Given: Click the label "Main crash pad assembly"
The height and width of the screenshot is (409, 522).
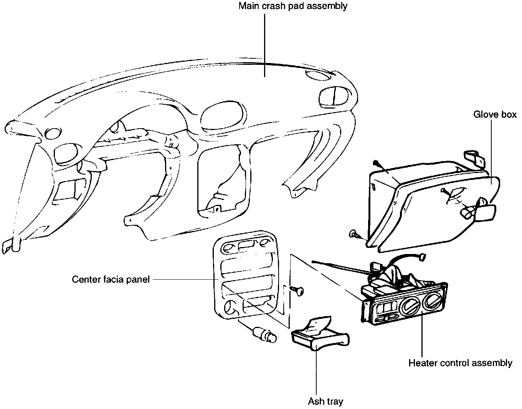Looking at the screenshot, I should click(292, 7).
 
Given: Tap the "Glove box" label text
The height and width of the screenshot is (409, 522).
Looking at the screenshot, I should click(495, 114).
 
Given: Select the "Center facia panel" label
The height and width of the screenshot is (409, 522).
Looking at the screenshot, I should click(111, 279).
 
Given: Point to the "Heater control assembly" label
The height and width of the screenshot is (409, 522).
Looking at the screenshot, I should click(460, 363).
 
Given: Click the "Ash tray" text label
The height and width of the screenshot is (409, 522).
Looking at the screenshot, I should click(325, 401).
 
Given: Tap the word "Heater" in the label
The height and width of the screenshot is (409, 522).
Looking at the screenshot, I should click(421, 363).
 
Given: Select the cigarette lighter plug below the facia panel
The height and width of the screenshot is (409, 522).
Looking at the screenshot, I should click(265, 335).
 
